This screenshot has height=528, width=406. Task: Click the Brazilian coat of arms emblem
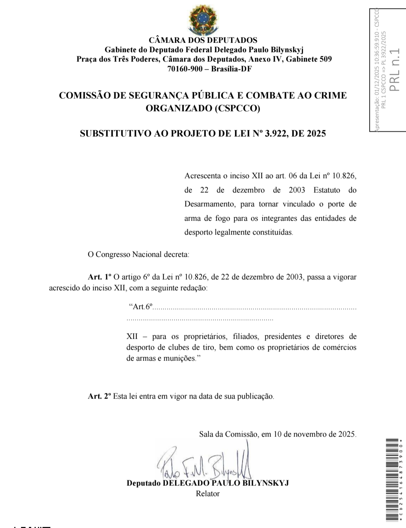pyautogui.click(x=203, y=18)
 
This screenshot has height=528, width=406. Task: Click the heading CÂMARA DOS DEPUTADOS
pyautogui.click(x=203, y=40)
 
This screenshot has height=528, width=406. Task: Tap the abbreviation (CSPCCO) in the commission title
pyautogui.click(x=237, y=108)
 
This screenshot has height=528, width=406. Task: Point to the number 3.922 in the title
pyautogui.click(x=276, y=134)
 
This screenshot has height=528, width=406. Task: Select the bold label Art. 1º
pyautogui.click(x=100, y=277)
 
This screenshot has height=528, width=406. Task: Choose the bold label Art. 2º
pyautogui.click(x=100, y=396)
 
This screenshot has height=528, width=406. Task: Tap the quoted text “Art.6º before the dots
pyautogui.click(x=141, y=307)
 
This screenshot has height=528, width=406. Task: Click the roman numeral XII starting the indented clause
pyautogui.click(x=132, y=336)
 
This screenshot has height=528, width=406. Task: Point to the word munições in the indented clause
pyautogui.click(x=180, y=358)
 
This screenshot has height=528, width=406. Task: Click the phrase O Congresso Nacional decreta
pyautogui.click(x=138, y=255)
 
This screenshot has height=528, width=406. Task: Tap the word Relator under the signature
pyautogui.click(x=208, y=494)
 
